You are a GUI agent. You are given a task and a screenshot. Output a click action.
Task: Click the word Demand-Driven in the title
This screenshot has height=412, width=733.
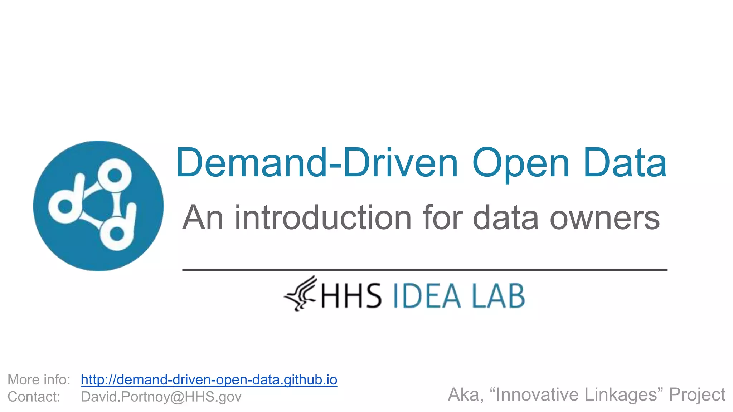pyautogui.click(x=316, y=163)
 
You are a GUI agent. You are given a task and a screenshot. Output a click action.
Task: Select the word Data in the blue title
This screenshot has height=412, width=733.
pyautogui.click(x=625, y=163)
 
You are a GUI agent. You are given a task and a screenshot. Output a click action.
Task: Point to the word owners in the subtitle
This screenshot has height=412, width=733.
pyautogui.click(x=605, y=218)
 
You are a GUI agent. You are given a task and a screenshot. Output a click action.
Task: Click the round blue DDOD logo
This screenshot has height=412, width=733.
pyautogui.click(x=98, y=206)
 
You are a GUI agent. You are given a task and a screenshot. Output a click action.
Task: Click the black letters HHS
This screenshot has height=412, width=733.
pyautogui.click(x=351, y=296)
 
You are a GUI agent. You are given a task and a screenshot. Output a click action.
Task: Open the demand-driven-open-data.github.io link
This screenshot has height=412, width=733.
pyautogui.click(x=209, y=380)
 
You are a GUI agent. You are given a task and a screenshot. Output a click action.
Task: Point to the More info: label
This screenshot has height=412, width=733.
pyautogui.click(x=39, y=380)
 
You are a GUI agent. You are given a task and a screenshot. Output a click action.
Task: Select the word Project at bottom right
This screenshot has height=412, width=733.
pyautogui.click(x=697, y=395)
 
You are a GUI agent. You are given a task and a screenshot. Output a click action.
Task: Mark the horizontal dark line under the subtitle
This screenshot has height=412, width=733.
pyautogui.click(x=424, y=270)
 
